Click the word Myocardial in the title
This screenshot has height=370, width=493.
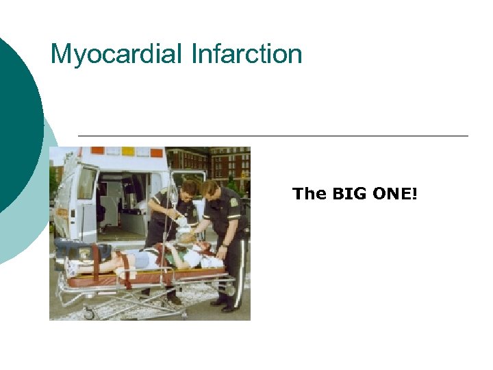pyautogui.click(x=111, y=53)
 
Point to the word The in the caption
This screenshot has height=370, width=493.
pyautogui.click(x=309, y=194)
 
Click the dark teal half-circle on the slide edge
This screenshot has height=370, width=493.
pyautogui.click(x=17, y=123)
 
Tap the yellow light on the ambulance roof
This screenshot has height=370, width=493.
pyautogui.click(x=128, y=151)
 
